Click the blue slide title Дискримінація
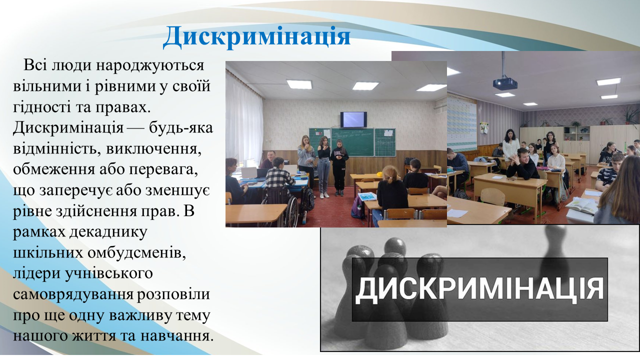pyautogui.click(x=256, y=36)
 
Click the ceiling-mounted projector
pyautogui.click(x=505, y=83)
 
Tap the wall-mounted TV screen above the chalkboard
pyautogui.click(x=353, y=119)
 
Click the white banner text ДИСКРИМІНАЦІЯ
pyautogui.click(x=479, y=289)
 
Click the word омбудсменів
pyautogui.click(x=136, y=252)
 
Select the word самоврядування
pyautogui.click(x=73, y=295)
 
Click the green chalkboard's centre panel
pyautogui.click(x=352, y=141)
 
